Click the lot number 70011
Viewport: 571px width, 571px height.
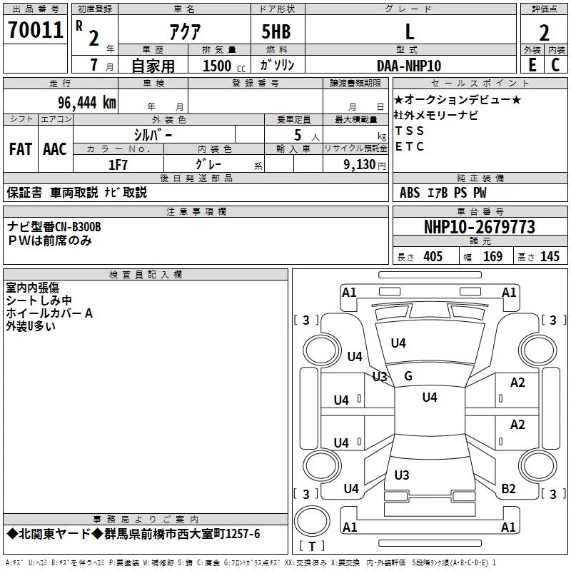pyautogui.click(x=35, y=30)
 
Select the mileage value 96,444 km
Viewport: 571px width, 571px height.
pyautogui.click(x=86, y=103)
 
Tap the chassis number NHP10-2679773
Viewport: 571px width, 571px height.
pyautogui.click(x=480, y=227)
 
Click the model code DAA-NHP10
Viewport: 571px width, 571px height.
pyautogui.click(x=409, y=66)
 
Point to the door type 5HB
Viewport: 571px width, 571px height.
pyautogui.click(x=276, y=31)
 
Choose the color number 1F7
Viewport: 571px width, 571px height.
pyautogui.click(x=118, y=165)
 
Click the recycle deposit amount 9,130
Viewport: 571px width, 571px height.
pyautogui.click(x=360, y=165)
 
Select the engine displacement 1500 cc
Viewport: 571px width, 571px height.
pyautogui.click(x=224, y=66)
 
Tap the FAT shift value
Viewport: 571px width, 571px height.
pyautogui.click(x=21, y=149)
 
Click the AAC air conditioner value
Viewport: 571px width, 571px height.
pyautogui.click(x=55, y=149)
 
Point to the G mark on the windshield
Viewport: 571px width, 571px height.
pyautogui.click(x=408, y=376)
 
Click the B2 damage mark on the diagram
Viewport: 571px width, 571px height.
pyautogui.click(x=508, y=489)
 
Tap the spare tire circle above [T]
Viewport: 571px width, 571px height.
pyautogui.click(x=312, y=521)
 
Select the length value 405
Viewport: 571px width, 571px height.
pyautogui.click(x=433, y=256)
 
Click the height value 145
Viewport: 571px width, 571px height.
pyautogui.click(x=550, y=256)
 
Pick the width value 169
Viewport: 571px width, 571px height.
pyautogui.click(x=492, y=256)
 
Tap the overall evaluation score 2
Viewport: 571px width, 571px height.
pyautogui.click(x=544, y=33)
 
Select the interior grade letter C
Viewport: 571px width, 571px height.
pyautogui.click(x=555, y=65)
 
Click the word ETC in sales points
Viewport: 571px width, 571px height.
pyautogui.click(x=409, y=146)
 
